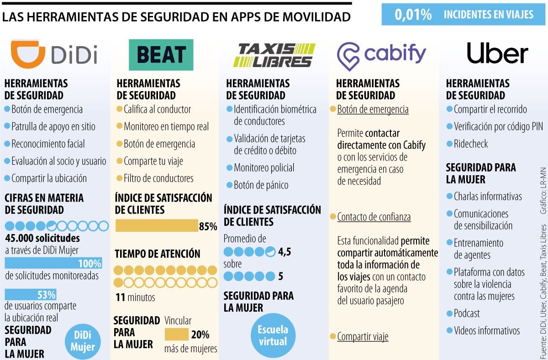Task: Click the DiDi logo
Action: pyautogui.click(x=54, y=54)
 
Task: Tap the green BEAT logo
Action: pyautogui.click(x=161, y=55)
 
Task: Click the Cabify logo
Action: pyautogui.click(x=381, y=55)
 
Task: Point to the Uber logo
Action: pyautogui.click(x=497, y=54)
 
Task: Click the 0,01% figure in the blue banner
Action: pyautogui.click(x=413, y=15)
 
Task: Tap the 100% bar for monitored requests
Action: pyautogui.click(x=53, y=264)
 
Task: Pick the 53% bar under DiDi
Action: pyautogui.click(x=31, y=295)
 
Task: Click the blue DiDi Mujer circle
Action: pyautogui.click(x=82, y=341)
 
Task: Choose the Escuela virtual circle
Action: pyautogui.click(x=273, y=335)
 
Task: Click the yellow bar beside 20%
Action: pyautogui.click(x=177, y=334)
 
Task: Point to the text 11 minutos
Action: pyautogui.click(x=135, y=297)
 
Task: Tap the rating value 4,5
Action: pyautogui.click(x=285, y=251)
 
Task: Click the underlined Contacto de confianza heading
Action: pyautogui.click(x=374, y=217)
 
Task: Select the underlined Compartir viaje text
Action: pyautogui.click(x=362, y=337)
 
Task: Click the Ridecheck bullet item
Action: pyautogui.click(x=470, y=144)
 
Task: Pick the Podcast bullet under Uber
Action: pyautogui.click(x=466, y=313)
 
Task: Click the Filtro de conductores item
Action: pyautogui.click(x=158, y=178)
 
